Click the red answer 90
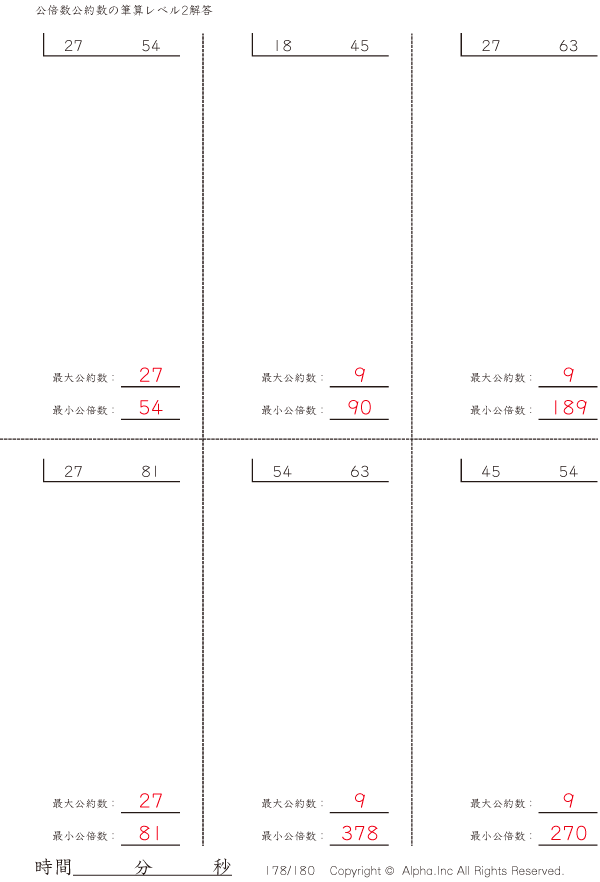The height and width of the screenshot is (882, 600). [x=359, y=407]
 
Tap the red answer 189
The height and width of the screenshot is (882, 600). [x=569, y=407]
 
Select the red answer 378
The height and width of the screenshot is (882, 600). [x=359, y=833]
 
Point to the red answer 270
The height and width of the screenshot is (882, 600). [x=569, y=833]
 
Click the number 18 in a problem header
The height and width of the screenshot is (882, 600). [x=282, y=46]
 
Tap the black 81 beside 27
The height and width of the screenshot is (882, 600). [x=150, y=471]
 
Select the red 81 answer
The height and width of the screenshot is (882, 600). [x=150, y=833]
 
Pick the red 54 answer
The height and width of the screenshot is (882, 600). [x=151, y=407]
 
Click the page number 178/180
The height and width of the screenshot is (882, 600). [x=290, y=871]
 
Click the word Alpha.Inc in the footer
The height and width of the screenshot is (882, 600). [x=427, y=871]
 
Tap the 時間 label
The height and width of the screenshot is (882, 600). [x=53, y=867]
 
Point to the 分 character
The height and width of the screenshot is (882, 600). [x=143, y=867]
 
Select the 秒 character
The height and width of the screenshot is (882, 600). [x=222, y=867]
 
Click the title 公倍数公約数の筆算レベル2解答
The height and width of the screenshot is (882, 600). [x=124, y=10]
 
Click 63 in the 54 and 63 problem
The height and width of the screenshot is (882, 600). [x=359, y=471]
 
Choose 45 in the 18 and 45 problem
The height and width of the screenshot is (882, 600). [x=359, y=46]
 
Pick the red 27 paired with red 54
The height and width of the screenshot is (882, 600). [x=151, y=375]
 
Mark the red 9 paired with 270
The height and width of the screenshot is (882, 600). [x=569, y=800]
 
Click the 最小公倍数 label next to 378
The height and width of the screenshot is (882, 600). [x=289, y=836]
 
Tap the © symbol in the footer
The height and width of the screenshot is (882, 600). [x=389, y=871]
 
